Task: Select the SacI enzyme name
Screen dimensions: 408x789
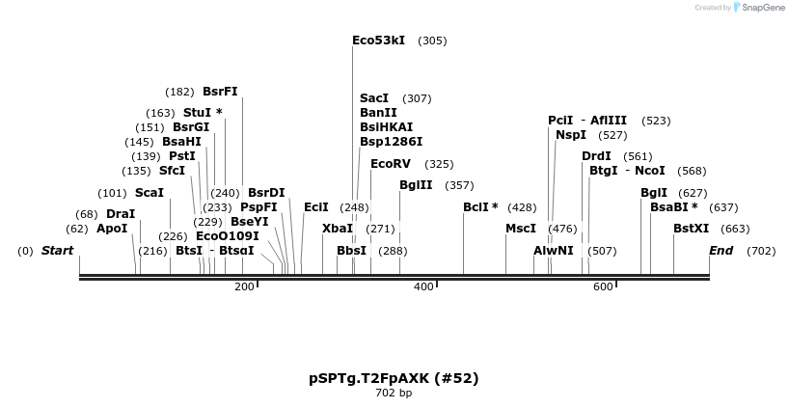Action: pos(374,98)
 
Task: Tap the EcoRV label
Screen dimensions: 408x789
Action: pos(391,164)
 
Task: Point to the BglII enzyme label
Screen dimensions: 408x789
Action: pos(416,185)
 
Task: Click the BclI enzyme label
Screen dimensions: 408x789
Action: pos(480,207)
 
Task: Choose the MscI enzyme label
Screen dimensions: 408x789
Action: pos(521,229)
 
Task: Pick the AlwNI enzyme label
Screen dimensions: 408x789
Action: pos(554,251)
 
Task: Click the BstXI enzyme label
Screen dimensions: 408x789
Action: pos(691,229)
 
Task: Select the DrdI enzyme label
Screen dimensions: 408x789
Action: pos(596,156)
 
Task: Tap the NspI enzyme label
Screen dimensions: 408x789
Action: pos(571,135)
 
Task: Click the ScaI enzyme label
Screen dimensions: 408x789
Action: pos(150,193)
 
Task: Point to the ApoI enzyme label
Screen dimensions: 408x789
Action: pos(112,229)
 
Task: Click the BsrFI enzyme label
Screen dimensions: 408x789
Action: pos(220,92)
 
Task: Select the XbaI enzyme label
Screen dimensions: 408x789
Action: pos(338,229)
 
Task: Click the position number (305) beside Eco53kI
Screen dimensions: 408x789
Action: pos(432,41)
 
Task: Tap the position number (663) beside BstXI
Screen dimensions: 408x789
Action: pos(735,229)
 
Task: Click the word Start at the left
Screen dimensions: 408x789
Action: pos(57,251)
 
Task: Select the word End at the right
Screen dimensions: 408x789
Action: pos(721,251)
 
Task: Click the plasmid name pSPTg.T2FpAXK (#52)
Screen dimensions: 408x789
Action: pos(394,378)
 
